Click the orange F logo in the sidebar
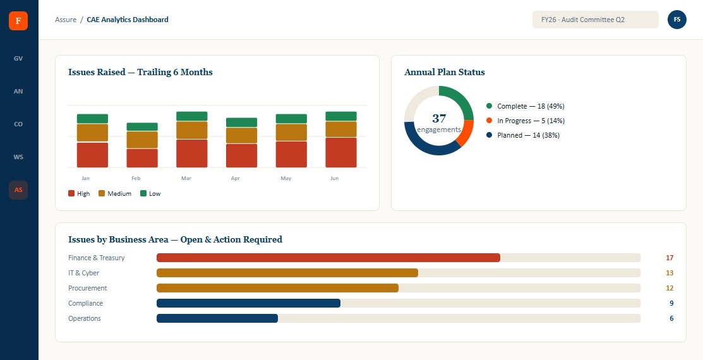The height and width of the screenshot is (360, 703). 18,21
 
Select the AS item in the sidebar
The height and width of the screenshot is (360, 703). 18,190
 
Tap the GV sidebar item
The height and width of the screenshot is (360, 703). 18,59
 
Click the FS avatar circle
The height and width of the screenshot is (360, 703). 677,20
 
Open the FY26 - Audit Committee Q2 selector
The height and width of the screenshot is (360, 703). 596,20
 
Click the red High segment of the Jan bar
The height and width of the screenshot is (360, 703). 92,155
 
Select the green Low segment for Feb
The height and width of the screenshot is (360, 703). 142,127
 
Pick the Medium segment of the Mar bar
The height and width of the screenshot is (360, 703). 192,130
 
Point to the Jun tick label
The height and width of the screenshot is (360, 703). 335,179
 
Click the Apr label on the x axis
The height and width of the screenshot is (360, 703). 236,179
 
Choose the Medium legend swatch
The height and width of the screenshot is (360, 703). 101,194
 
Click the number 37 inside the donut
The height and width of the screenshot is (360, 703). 439,118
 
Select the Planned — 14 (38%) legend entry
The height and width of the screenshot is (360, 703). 523,135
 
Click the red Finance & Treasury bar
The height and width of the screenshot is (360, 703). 328,258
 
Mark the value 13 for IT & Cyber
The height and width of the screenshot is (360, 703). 670,273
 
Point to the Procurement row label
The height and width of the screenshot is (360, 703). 87,288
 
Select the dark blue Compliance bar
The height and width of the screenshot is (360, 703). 248,304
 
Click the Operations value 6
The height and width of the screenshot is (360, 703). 671,319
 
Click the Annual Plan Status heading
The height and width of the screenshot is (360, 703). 444,72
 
